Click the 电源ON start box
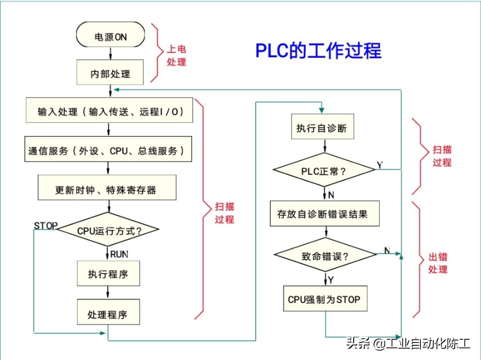(x=110, y=37)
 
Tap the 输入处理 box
(x=110, y=111)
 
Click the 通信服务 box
(x=109, y=150)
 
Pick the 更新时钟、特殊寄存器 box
(x=107, y=190)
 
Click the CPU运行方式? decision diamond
(x=109, y=231)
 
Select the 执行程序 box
(x=108, y=274)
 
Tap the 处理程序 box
(x=108, y=315)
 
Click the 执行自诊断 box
(x=325, y=129)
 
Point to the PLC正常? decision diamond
(x=324, y=171)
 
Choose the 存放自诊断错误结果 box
(x=325, y=214)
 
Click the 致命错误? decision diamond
(x=325, y=256)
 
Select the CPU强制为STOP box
(x=325, y=299)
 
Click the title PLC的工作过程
(x=318, y=51)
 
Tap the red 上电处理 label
(x=176, y=56)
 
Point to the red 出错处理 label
(x=438, y=263)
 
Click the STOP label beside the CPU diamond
(x=46, y=226)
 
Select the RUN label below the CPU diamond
(x=119, y=254)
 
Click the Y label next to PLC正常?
(x=379, y=165)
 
